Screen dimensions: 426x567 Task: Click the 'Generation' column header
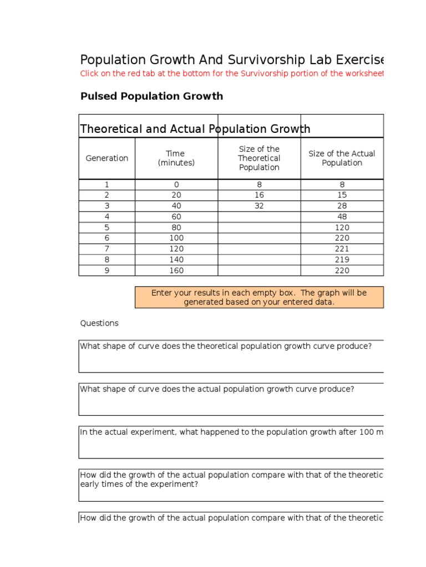click(107, 158)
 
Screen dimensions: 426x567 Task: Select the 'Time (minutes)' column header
click(176, 158)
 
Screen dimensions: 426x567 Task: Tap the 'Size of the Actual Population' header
click(342, 158)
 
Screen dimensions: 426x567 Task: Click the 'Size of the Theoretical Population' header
click(259, 158)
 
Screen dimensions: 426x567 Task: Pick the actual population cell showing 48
click(342, 217)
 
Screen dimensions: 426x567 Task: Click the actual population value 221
click(342, 249)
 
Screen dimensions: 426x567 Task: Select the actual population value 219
click(342, 260)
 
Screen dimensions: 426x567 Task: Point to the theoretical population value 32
click(259, 206)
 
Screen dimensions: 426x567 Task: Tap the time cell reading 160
click(176, 271)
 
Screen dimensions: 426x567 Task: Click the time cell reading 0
click(176, 184)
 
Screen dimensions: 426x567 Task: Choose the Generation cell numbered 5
click(107, 228)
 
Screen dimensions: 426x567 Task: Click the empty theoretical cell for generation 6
click(259, 238)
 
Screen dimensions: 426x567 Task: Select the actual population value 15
click(342, 195)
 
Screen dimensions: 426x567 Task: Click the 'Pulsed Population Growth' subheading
click(151, 96)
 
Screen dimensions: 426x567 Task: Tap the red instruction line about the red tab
click(232, 74)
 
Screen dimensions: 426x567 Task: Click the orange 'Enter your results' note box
click(259, 297)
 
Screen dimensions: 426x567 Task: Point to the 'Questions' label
click(99, 323)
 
